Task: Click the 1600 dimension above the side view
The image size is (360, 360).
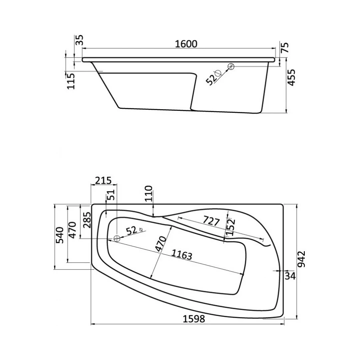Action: click(x=186, y=44)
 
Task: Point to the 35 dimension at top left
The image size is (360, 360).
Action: click(x=79, y=40)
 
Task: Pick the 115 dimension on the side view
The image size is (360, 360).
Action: click(x=71, y=81)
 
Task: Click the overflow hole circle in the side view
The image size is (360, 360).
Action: click(x=231, y=66)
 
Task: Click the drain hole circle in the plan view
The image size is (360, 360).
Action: click(x=117, y=239)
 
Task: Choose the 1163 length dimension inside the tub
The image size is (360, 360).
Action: click(x=184, y=255)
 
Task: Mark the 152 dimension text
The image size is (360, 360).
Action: click(x=230, y=228)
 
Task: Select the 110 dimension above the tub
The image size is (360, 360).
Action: click(x=148, y=193)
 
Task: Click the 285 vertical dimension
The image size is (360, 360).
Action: click(x=86, y=220)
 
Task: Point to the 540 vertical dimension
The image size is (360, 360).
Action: click(x=60, y=235)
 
